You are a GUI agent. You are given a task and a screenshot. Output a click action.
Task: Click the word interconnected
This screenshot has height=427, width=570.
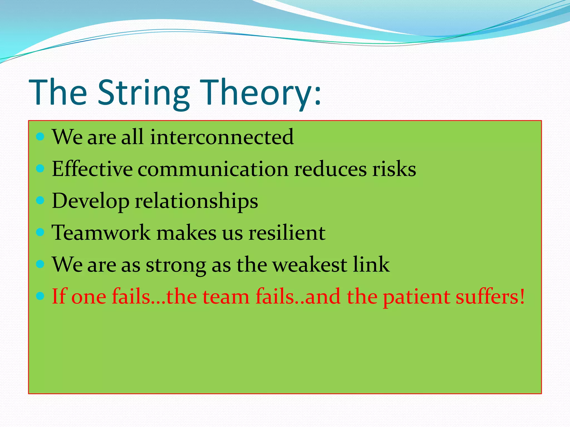coord(222,137)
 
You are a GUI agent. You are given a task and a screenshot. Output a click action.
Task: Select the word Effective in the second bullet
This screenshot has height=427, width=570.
coord(92,169)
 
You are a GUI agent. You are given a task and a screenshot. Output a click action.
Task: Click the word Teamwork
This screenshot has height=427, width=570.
coord(101,232)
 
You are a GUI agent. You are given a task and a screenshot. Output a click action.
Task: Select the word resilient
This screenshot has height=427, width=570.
coord(287,232)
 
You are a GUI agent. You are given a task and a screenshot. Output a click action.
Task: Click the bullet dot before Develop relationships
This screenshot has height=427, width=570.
coord(40,200)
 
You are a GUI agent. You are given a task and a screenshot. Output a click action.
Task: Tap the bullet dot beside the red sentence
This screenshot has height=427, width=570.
coord(40,296)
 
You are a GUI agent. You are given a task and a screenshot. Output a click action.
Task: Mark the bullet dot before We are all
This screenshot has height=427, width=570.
coord(40,136)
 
